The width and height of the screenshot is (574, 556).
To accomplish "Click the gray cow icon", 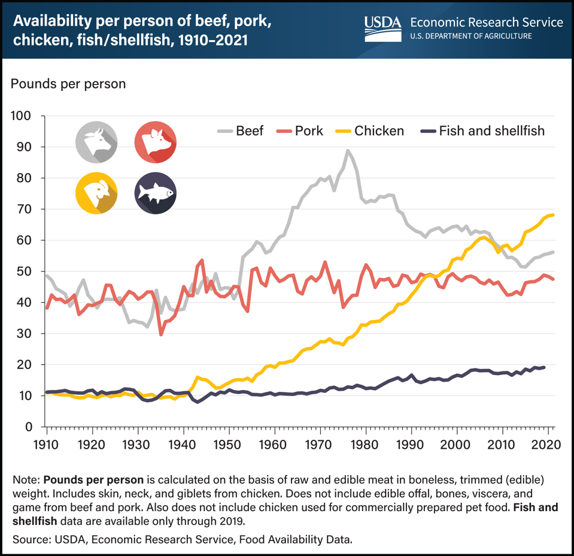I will click(x=96, y=143).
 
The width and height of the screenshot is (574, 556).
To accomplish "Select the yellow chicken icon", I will click(x=96, y=193).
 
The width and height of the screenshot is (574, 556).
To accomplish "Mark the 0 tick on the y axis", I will click(x=28, y=427).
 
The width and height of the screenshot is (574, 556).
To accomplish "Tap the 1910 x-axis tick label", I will click(x=47, y=445).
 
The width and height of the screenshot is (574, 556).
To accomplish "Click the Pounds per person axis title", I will click(x=68, y=83).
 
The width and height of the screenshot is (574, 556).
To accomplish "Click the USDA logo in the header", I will click(x=382, y=27).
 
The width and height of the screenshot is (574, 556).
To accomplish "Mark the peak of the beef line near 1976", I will click(x=347, y=150).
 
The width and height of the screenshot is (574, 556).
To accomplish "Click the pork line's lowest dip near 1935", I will click(x=160, y=334).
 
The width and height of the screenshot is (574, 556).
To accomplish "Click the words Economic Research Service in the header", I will click(x=486, y=22).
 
